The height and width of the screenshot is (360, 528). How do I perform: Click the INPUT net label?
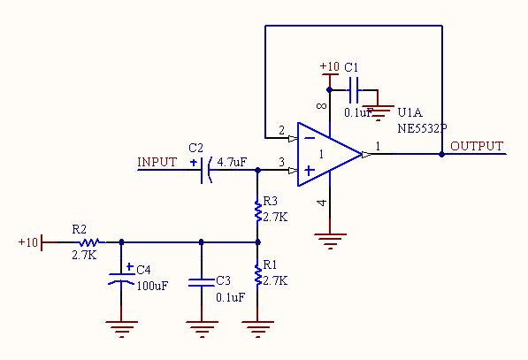click(157, 162)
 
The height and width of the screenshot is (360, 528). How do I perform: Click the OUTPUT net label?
click(477, 146)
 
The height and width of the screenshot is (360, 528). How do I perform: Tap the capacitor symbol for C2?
click(205, 170)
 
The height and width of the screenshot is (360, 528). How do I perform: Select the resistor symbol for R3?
click(258, 211)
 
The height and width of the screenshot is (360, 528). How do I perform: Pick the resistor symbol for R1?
click(258, 275)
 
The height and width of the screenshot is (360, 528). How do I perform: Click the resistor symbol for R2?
click(89, 242)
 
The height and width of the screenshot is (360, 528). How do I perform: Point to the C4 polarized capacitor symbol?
click(121, 279)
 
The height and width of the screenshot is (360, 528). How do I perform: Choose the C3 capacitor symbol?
click(202, 282)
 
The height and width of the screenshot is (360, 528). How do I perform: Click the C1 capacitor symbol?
click(354, 90)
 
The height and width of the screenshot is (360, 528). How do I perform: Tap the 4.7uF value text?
click(232, 163)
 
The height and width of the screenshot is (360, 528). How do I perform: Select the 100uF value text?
click(152, 286)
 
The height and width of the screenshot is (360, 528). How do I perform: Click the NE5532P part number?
click(422, 128)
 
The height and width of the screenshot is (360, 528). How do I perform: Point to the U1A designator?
click(410, 112)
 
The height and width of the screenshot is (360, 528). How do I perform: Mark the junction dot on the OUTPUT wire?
click(442, 154)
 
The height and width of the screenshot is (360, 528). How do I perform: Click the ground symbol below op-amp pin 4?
click(330, 241)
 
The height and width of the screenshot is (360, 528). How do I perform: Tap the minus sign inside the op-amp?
click(310, 138)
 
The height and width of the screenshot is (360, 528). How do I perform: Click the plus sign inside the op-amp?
click(310, 171)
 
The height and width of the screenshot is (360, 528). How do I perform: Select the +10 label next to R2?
click(28, 242)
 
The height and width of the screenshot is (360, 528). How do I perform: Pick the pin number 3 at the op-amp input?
click(281, 162)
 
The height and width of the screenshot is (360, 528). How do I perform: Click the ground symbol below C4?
click(121, 329)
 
